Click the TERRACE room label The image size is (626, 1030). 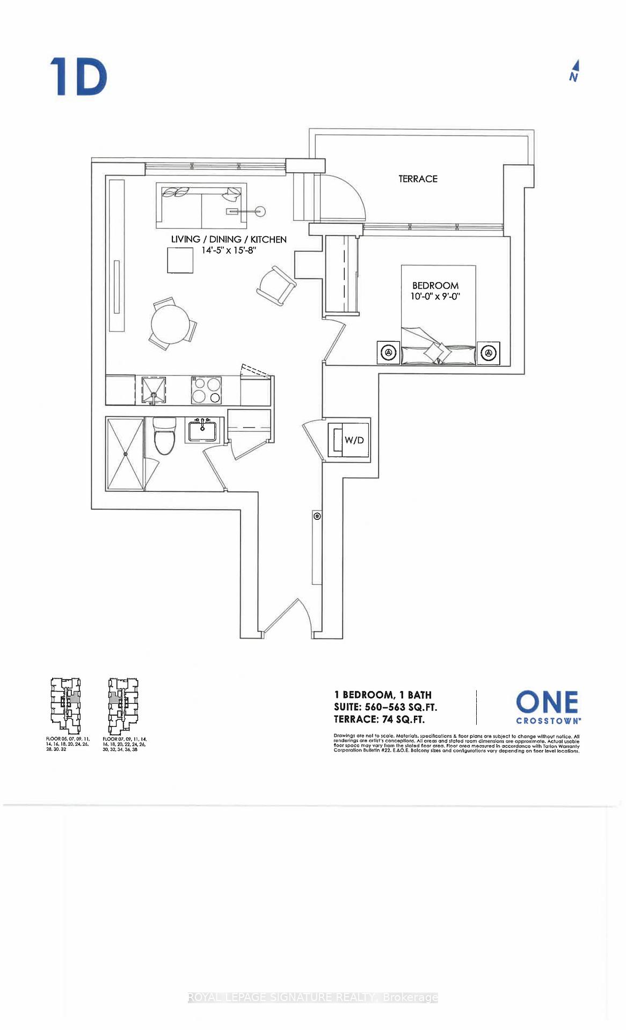(418, 179)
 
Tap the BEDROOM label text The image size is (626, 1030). (435, 285)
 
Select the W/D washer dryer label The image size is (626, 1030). (354, 440)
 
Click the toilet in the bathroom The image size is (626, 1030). (164, 435)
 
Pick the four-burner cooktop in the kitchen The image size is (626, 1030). (207, 390)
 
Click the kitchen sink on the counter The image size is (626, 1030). (154, 390)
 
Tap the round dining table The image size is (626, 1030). (171, 325)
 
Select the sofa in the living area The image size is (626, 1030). (201, 206)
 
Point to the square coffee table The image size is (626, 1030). (180, 261)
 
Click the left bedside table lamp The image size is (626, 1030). (389, 352)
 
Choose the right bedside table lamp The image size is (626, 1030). (487, 353)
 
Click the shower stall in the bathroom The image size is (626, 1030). (125, 454)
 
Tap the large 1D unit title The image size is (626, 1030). (78, 77)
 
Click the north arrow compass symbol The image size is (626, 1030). (574, 71)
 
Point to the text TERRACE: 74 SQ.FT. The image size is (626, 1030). (379, 719)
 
